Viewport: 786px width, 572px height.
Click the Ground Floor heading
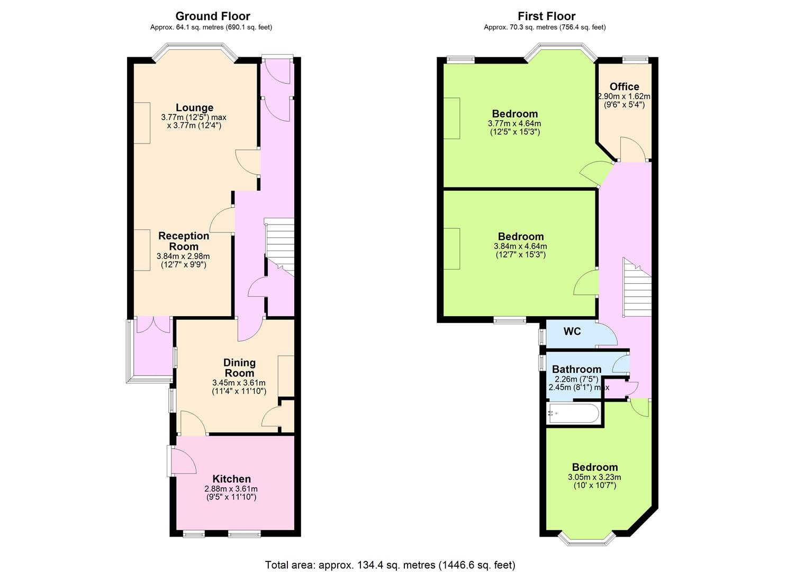point(213,16)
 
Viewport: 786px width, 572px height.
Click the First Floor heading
point(546,16)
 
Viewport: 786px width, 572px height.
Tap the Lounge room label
point(194,108)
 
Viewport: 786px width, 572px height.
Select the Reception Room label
point(184,241)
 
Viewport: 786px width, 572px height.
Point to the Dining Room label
point(239,368)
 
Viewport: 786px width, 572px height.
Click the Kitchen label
point(232,479)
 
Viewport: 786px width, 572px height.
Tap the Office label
point(624,86)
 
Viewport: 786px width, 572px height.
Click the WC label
point(572,331)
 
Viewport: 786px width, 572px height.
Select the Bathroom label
point(576,369)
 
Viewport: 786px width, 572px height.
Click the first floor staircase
point(637,287)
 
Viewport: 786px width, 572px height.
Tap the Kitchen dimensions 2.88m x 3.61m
point(231,489)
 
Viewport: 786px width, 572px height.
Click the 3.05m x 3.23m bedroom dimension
point(594,477)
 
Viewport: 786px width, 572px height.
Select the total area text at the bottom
point(390,555)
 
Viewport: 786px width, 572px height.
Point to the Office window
point(636,60)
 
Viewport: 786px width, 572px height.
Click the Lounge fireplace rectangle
point(142,123)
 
